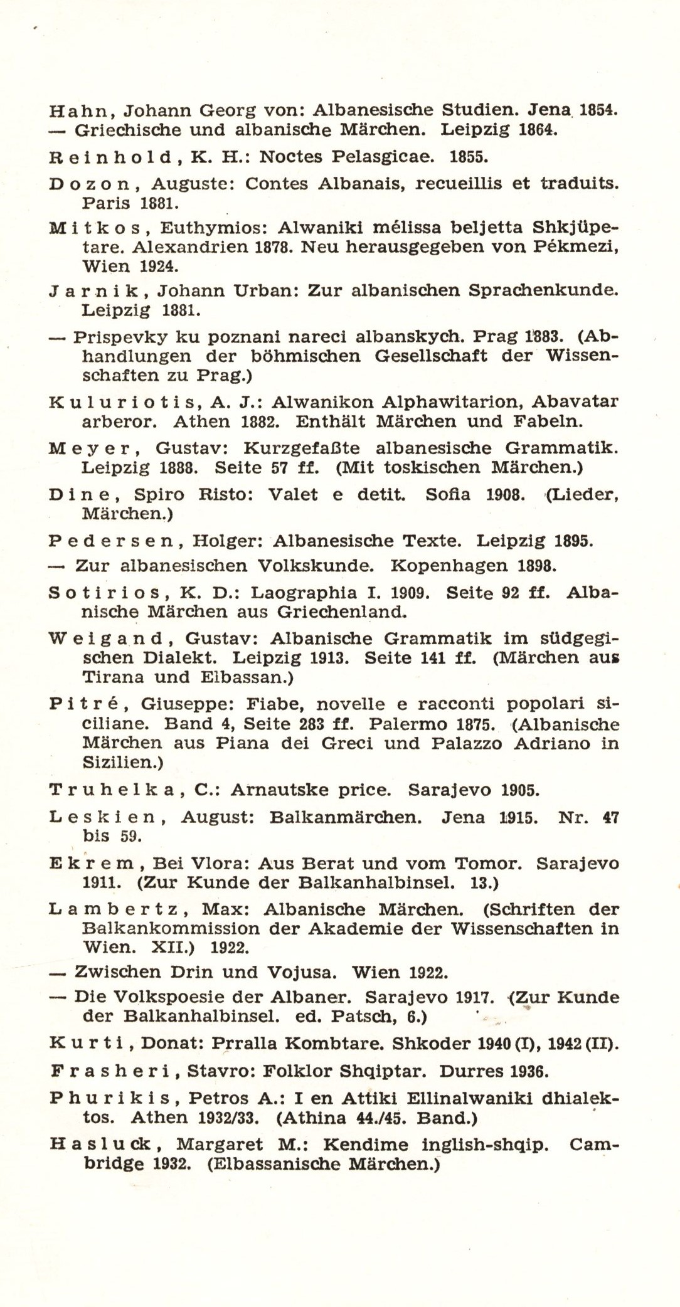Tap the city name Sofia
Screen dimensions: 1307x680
pos(446,495)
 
